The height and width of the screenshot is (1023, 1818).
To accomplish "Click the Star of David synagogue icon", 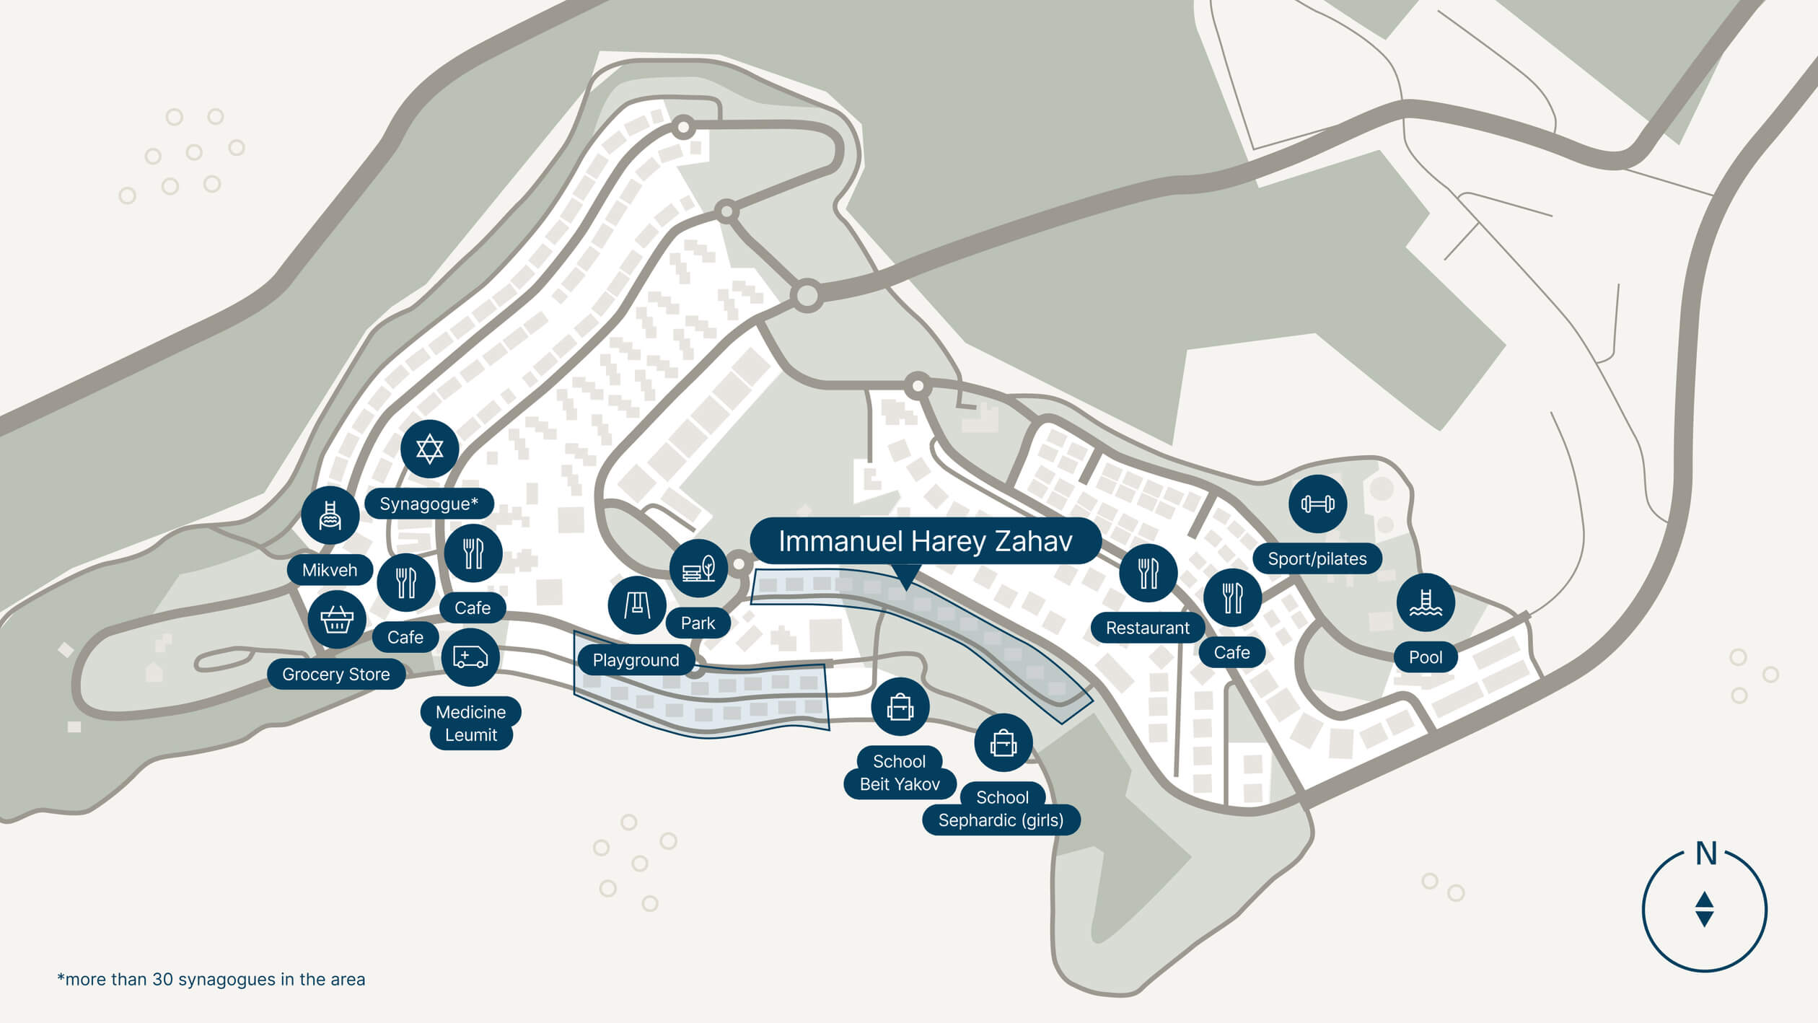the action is [429, 449].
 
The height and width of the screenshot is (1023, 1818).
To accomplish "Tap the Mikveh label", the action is [330, 570].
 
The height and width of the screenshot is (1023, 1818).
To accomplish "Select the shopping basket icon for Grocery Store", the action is [337, 619].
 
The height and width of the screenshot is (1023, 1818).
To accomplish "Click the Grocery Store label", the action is [336, 674].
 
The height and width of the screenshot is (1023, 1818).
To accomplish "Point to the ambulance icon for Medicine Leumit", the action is [470, 657].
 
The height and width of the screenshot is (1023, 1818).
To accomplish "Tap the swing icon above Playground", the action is [637, 605].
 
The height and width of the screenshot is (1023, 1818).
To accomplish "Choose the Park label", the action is [698, 623].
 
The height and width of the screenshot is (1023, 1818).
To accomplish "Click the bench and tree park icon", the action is [698, 568].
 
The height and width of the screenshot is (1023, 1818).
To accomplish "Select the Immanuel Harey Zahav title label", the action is [926, 541].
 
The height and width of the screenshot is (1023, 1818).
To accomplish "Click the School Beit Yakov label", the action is [900, 773].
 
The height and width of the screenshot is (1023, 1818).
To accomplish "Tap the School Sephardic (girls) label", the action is [1001, 809].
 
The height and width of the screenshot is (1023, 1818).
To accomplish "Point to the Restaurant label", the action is [1148, 628].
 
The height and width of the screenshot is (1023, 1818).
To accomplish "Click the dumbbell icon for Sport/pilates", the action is [1317, 504].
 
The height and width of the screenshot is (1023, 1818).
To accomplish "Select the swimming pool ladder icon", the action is [1426, 602].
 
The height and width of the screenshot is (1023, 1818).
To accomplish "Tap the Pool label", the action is [1426, 657].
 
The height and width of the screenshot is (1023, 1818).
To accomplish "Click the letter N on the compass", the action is [1705, 853].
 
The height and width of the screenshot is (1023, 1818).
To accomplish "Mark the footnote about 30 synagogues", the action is [211, 979].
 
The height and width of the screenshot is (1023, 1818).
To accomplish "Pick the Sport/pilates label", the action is [1317, 558].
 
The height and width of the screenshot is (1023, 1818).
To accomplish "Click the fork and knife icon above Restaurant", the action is [1149, 573].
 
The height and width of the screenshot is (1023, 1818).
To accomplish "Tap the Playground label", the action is [636, 660].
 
